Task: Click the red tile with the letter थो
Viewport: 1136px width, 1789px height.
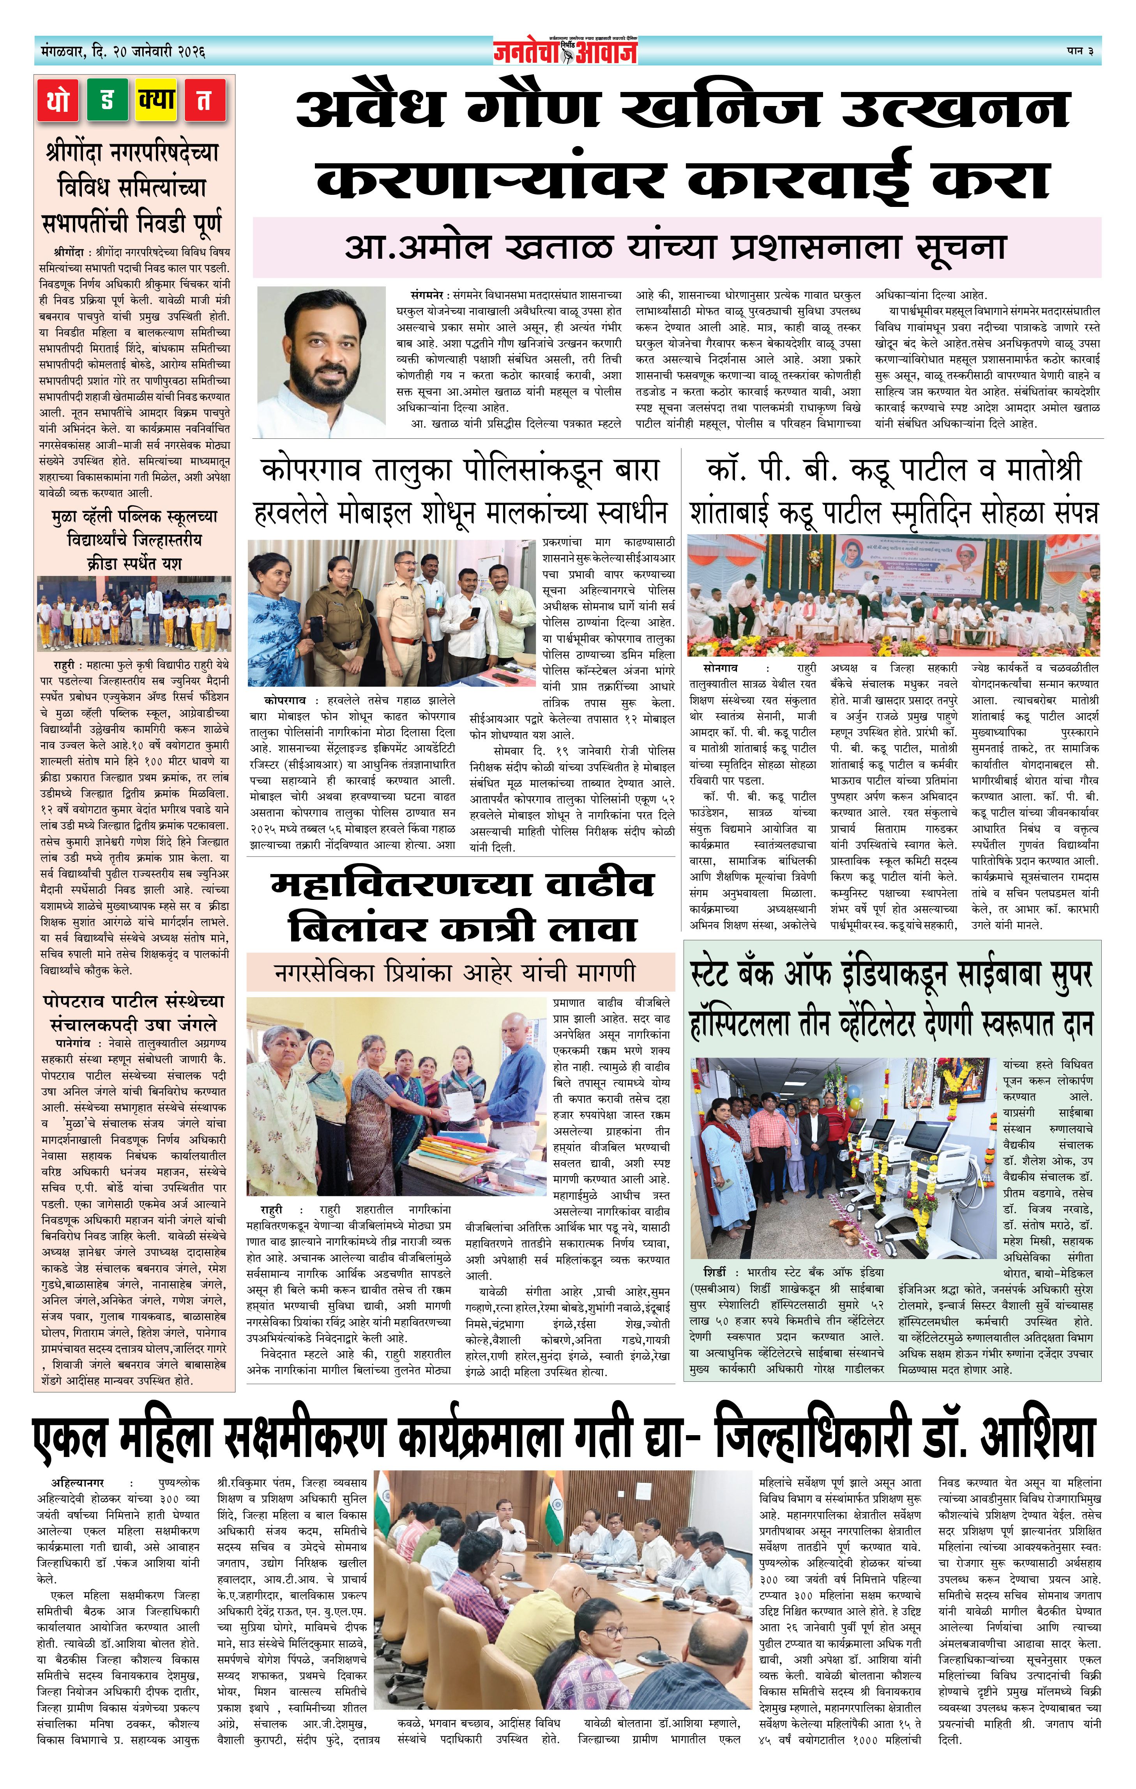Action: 59,100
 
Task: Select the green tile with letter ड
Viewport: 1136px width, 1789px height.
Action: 107,100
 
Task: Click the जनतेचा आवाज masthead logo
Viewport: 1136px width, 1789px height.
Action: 565,51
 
